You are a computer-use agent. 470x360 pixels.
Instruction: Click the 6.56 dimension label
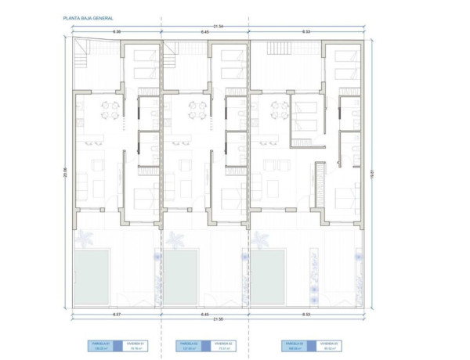[117, 31]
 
